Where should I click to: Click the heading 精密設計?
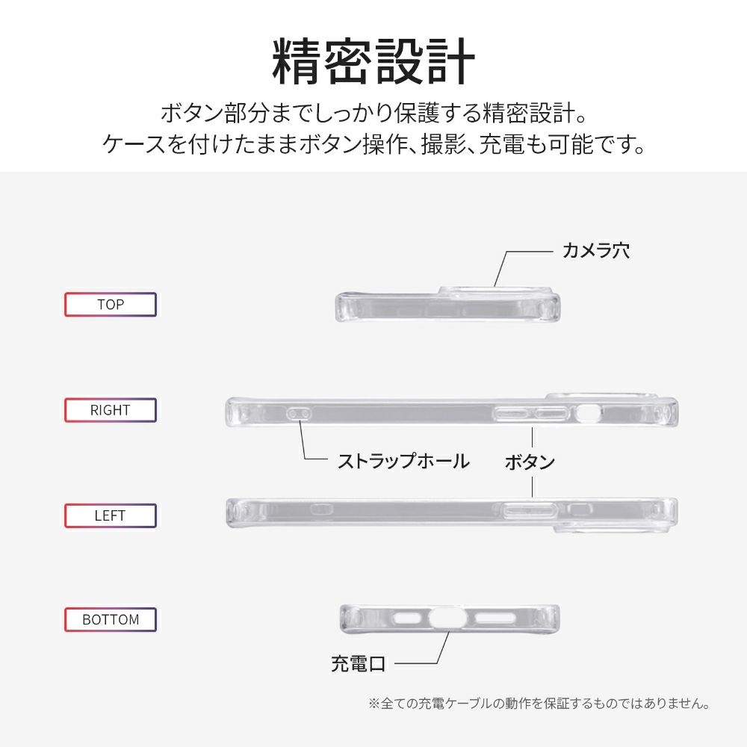pos(373,61)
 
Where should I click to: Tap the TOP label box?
pos(111,305)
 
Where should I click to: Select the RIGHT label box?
pos(111,410)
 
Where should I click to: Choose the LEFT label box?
pos(111,515)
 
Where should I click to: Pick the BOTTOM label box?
pos(111,620)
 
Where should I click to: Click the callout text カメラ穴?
pos(596,250)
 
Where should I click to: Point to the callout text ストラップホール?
pos(403,461)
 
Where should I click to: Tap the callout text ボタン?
pos(530,462)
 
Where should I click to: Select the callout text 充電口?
pos(359,663)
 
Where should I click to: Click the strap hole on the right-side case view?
pos(300,413)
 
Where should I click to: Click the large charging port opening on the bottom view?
pos(447,619)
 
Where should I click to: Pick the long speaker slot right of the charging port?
pos(495,619)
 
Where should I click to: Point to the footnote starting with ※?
pos(539,703)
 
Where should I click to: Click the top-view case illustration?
pos(447,304)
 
